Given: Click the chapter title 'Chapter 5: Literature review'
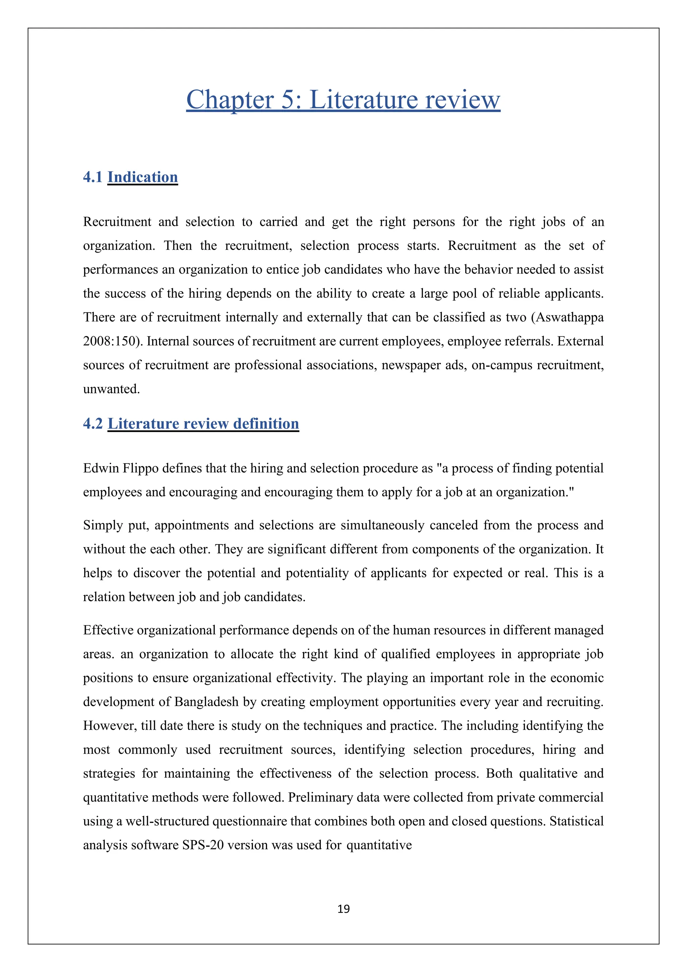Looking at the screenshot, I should (x=343, y=100).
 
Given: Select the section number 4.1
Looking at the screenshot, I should (x=93, y=177).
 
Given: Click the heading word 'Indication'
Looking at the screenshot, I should (x=143, y=177).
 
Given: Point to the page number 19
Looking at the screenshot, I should (x=343, y=909).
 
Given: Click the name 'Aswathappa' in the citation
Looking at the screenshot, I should (x=569, y=318).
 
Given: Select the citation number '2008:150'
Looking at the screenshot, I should (x=112, y=341).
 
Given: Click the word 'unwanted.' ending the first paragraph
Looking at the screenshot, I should (x=111, y=389).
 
